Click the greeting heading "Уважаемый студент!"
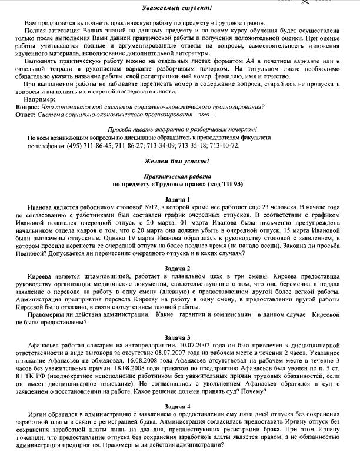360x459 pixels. [x=180, y=8]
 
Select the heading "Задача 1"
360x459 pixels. [x=180, y=200]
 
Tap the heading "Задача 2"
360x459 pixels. [x=180, y=268]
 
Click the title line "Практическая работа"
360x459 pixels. [x=180, y=176]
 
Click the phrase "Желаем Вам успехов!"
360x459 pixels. [x=180, y=160]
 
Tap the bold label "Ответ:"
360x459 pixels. [x=25, y=114]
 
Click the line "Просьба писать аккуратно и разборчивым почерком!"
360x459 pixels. [x=180, y=129]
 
